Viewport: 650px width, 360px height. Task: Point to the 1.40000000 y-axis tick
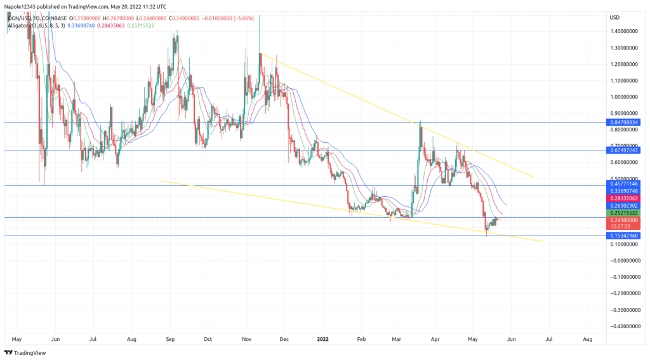coord(624,31)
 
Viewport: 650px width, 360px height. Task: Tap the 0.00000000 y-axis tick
coord(624,260)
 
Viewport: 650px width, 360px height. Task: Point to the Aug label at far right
coord(587,339)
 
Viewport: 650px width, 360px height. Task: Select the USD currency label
coord(614,17)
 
